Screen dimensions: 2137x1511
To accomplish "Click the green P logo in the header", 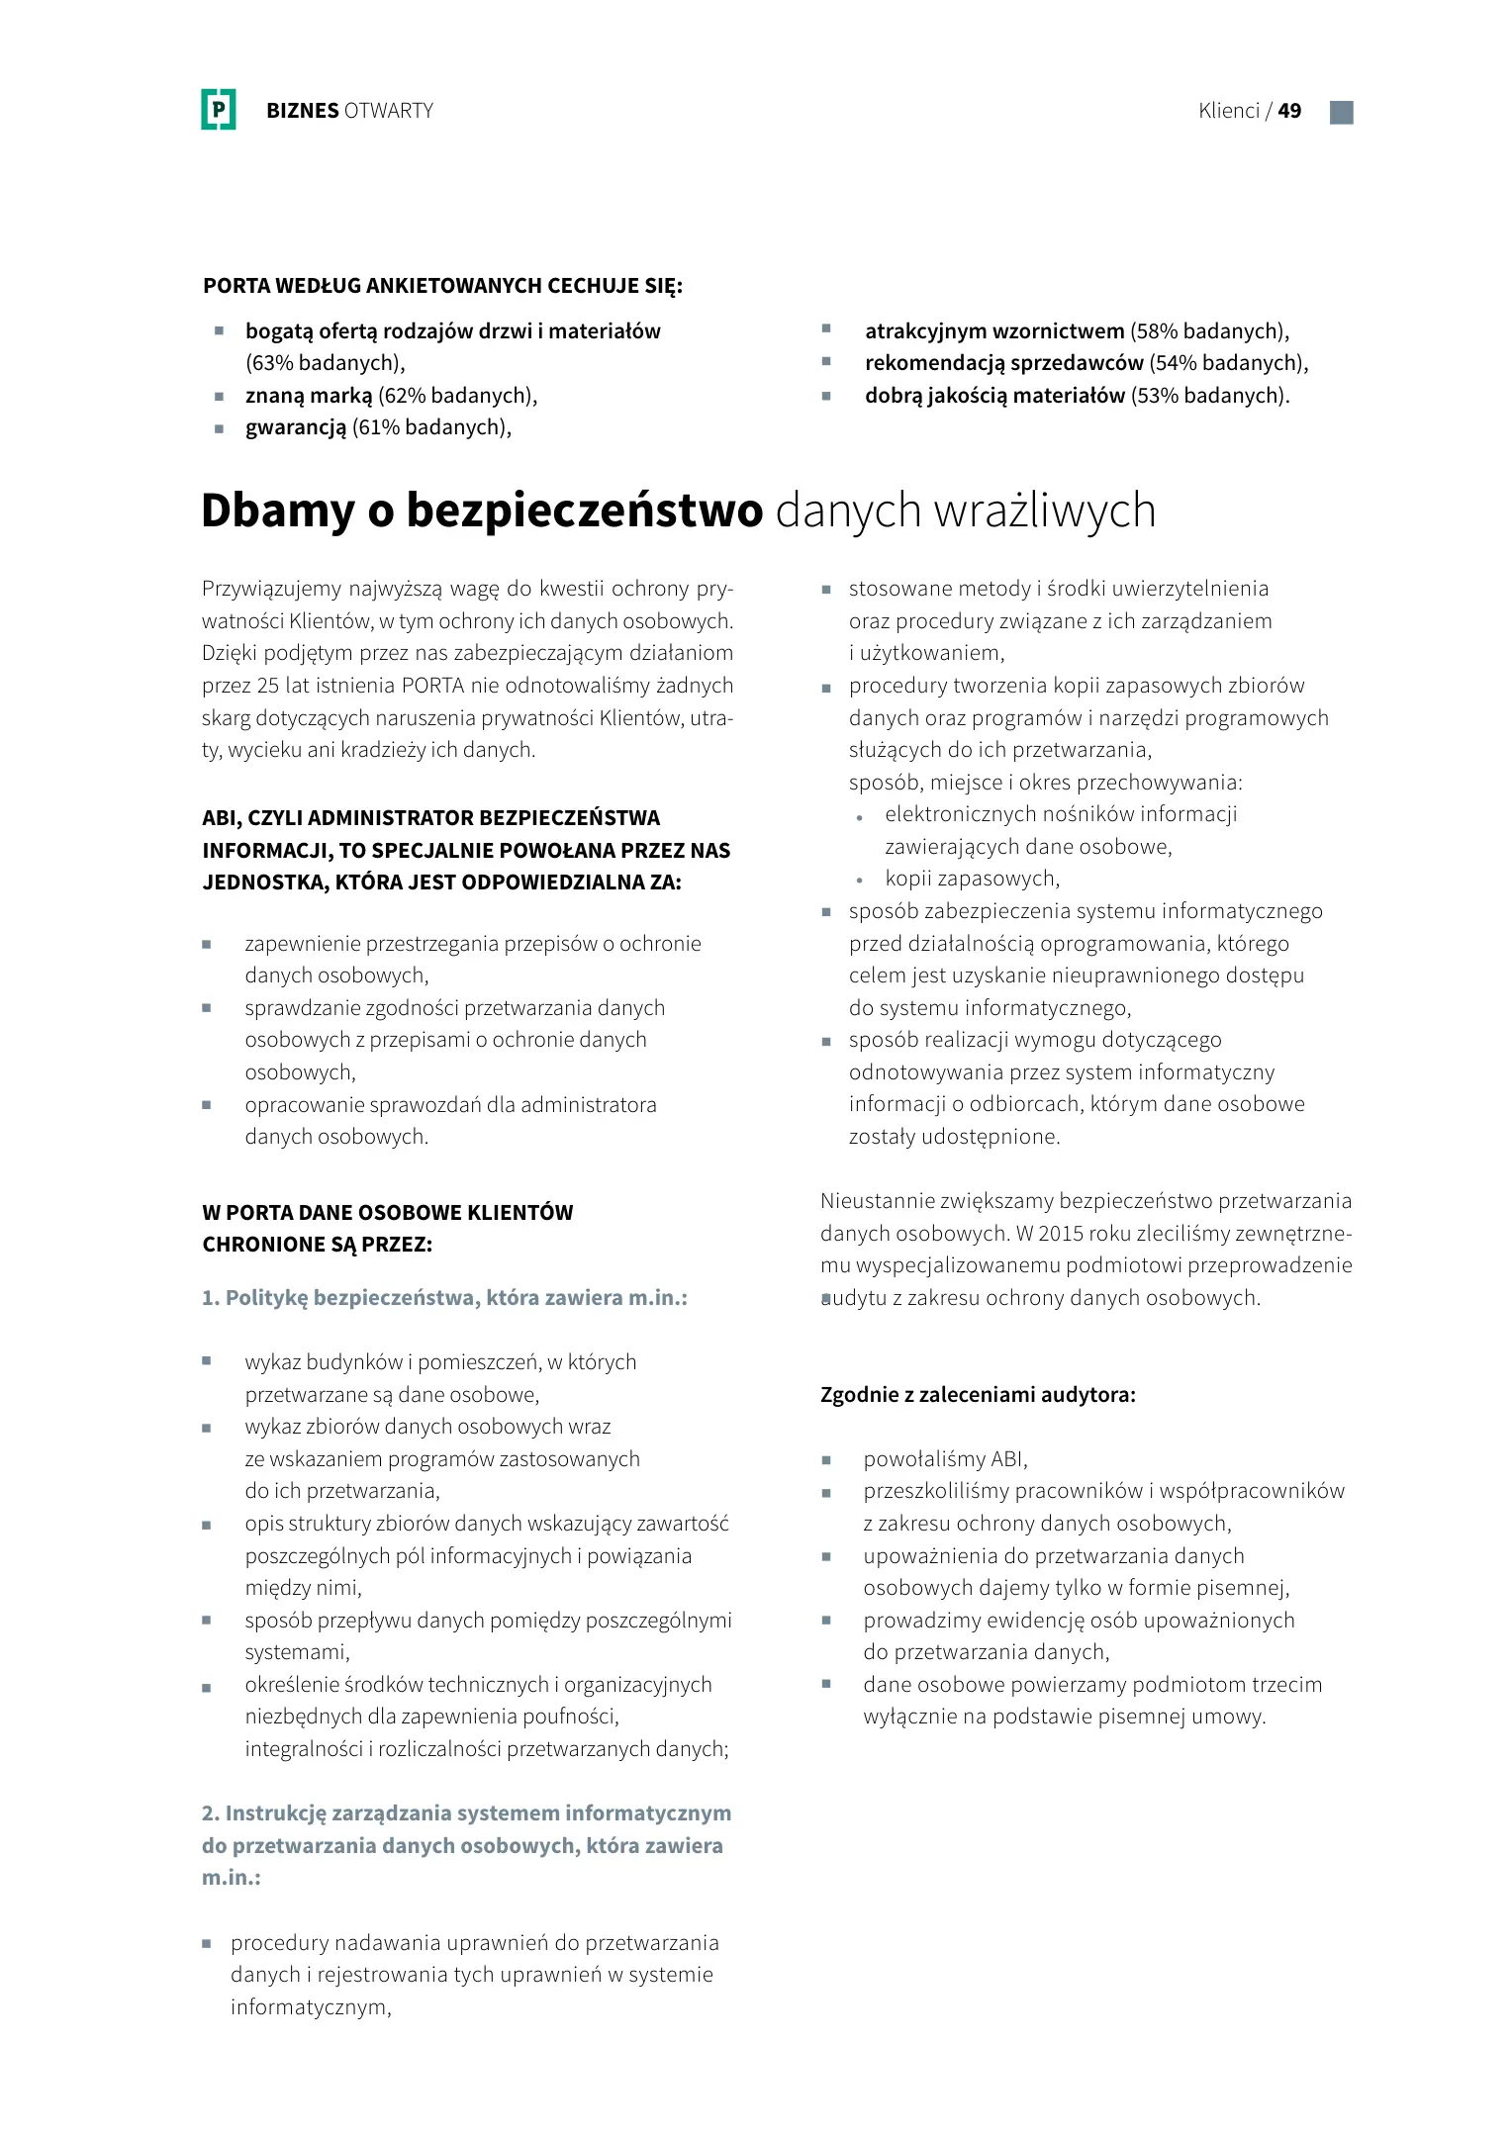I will click(219, 110).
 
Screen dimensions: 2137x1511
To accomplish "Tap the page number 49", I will click(1289, 111).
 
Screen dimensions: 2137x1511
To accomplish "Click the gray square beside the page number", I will click(1341, 112).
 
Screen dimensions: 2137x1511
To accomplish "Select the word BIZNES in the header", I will click(303, 111).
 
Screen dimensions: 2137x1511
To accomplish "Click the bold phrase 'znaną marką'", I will click(309, 396).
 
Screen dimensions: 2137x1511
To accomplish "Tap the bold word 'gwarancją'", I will click(296, 427).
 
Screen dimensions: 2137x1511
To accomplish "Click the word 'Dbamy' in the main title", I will click(277, 511).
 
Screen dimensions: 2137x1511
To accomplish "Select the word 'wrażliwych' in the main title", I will click(1045, 511).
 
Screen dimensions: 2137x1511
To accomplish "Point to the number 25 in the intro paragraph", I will click(267, 686).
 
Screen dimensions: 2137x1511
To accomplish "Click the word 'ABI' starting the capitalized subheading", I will click(220, 818).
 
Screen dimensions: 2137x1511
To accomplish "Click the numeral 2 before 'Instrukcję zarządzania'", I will click(209, 1813).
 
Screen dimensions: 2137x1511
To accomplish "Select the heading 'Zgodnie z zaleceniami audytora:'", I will click(978, 1395).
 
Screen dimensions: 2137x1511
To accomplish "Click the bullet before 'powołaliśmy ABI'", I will click(826, 1460).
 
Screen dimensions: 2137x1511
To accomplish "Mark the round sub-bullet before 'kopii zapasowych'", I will click(860, 880).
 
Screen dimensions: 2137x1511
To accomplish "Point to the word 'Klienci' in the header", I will click(1229, 111).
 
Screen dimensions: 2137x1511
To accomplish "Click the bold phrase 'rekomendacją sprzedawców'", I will click(1003, 363).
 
